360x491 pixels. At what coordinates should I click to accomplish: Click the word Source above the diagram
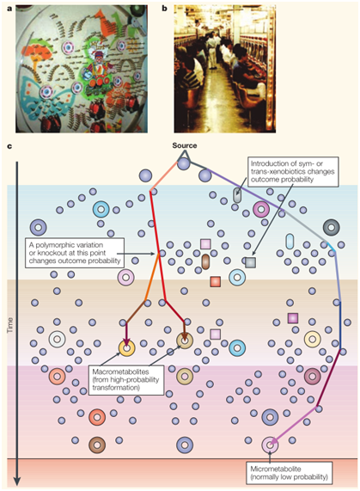(x=185, y=145)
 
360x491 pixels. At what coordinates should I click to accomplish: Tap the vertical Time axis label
(x=10, y=325)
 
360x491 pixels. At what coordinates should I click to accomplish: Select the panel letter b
(x=164, y=9)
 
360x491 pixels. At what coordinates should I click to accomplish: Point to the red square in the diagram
(x=215, y=281)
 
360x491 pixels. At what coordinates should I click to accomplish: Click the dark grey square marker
(x=250, y=262)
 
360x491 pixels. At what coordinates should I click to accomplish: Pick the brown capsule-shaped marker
(x=205, y=261)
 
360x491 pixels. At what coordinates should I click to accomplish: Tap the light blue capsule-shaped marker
(x=290, y=242)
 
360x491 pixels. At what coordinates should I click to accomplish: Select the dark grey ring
(x=332, y=227)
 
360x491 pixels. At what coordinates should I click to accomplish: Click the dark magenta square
(x=293, y=318)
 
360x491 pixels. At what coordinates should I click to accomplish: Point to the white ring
(x=58, y=339)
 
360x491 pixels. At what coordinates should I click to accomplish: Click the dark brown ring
(x=97, y=445)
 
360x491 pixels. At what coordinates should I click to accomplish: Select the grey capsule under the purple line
(x=237, y=195)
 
